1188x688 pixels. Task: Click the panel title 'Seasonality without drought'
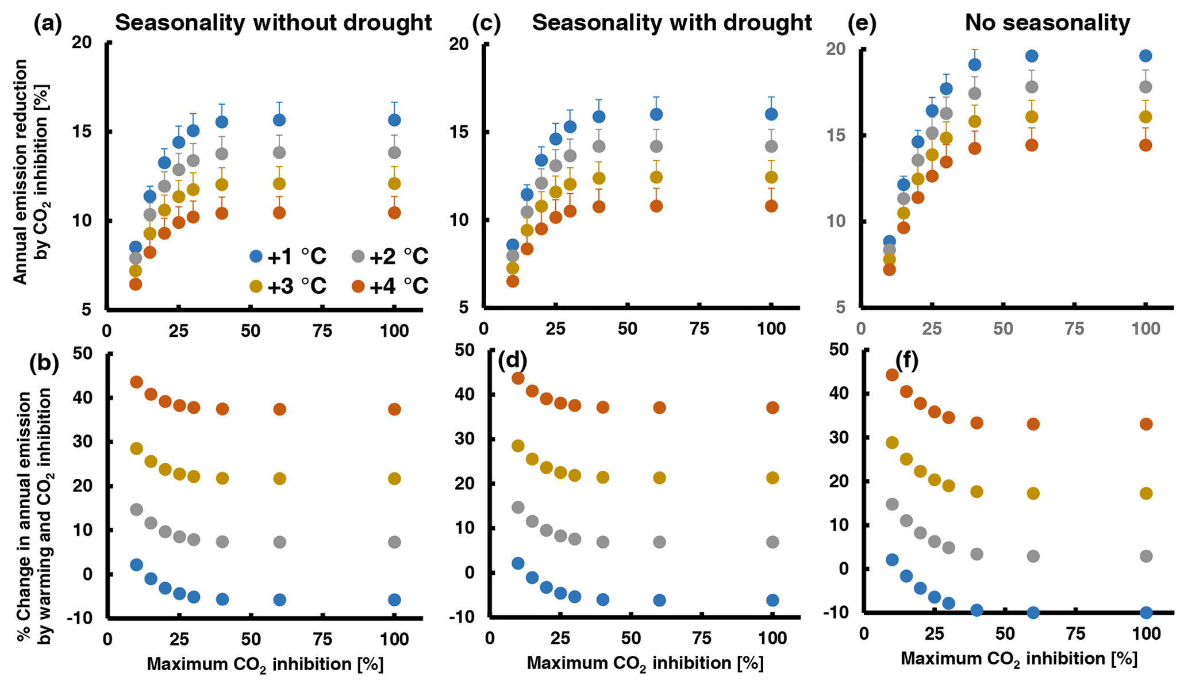[x=273, y=23]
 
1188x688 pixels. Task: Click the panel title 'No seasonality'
[x=1047, y=23]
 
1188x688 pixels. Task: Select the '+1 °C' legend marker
[x=256, y=256]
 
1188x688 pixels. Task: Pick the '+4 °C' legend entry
[x=391, y=286]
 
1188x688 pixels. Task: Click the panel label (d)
[x=513, y=360]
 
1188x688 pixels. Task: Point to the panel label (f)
[x=906, y=360]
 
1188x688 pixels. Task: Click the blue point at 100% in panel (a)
[x=394, y=120]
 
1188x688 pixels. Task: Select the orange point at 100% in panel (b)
[x=394, y=409]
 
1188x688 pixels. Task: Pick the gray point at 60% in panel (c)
[x=656, y=147]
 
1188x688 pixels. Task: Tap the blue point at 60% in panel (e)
[x=1032, y=56]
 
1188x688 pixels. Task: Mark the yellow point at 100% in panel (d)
[x=772, y=478]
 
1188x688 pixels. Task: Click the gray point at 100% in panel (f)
[x=1146, y=556]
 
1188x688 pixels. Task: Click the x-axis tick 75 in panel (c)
[x=699, y=329]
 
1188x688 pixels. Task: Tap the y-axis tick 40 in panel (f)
[x=840, y=393]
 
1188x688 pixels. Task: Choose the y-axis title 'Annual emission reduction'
[x=20, y=172]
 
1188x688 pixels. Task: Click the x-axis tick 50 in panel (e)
[x=1004, y=329]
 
